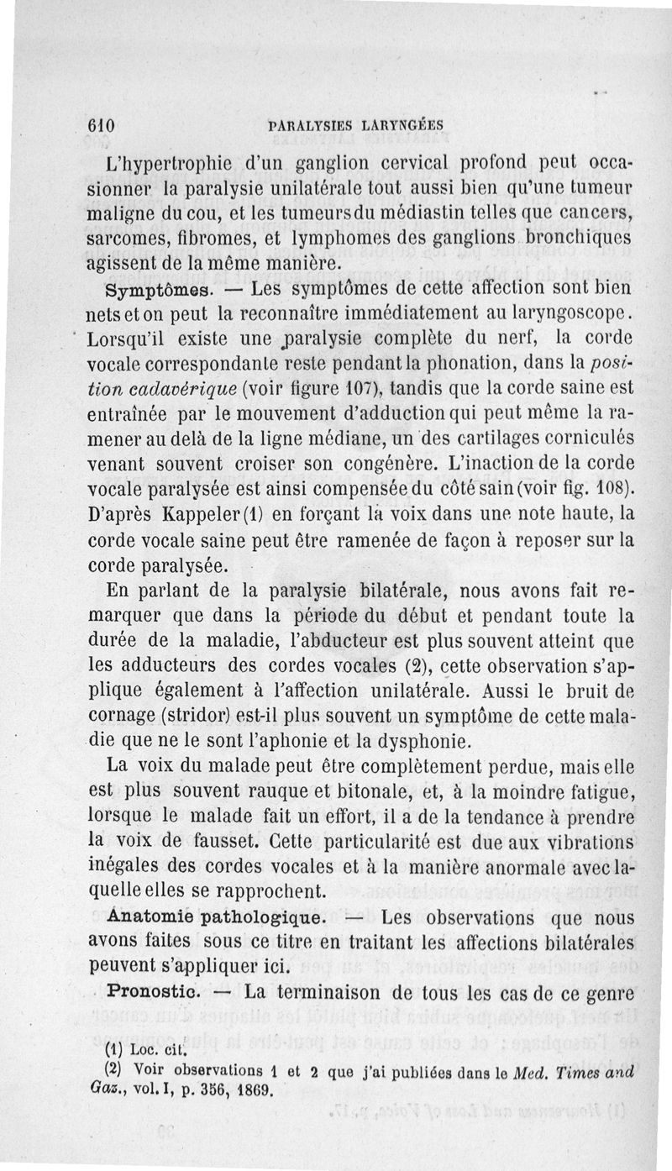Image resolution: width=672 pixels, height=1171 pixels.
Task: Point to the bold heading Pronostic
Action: (x=157, y=992)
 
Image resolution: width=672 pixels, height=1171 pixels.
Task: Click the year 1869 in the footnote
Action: (x=249, y=1092)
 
